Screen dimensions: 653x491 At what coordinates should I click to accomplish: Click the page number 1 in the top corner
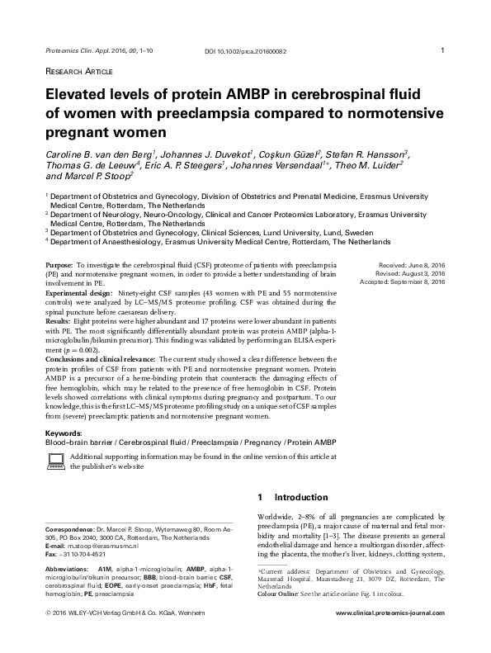click(444, 50)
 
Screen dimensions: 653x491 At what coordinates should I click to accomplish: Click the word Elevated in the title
click(78, 96)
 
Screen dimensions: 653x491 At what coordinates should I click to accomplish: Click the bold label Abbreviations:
click(67, 570)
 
